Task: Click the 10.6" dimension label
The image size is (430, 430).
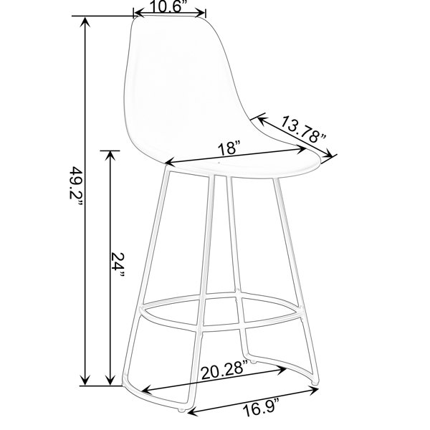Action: [x=170, y=6]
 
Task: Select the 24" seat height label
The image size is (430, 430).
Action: [x=118, y=264]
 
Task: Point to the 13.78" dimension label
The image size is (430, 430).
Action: [x=303, y=129]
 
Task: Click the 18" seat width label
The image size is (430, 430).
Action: [x=229, y=148]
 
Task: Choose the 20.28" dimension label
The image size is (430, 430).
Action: [x=224, y=371]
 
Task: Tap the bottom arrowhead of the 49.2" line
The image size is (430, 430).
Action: [x=85, y=380]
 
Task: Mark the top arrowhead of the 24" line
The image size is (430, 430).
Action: [x=110, y=157]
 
